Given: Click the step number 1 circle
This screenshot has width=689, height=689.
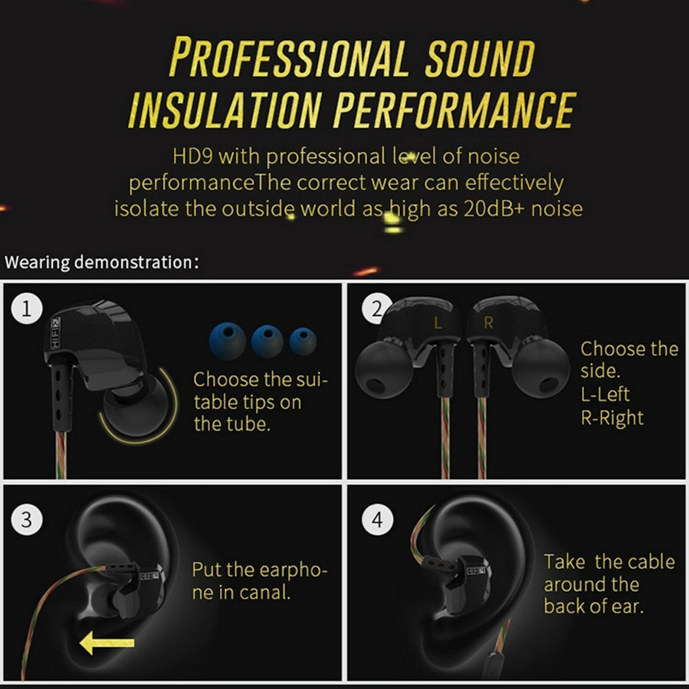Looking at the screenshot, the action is click(27, 309).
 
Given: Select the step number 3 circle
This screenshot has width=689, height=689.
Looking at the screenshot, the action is click(27, 519).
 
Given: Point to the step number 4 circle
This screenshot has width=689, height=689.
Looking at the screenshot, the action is click(378, 519).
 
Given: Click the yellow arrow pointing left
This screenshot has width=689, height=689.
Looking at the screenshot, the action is click(107, 643).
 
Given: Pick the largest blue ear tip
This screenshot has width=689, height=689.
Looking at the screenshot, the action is click(228, 341).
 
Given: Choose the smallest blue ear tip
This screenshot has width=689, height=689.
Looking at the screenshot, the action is click(303, 341).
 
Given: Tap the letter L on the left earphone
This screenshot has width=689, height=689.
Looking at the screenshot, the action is click(438, 323).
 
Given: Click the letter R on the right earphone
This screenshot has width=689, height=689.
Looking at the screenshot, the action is click(488, 323).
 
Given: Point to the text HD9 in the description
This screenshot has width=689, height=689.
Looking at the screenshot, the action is click(192, 156).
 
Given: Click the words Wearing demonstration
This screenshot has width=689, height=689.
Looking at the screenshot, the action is click(102, 262).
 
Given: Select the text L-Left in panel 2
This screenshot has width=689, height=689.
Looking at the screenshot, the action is click(605, 394).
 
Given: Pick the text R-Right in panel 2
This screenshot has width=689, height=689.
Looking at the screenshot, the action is click(612, 418).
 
